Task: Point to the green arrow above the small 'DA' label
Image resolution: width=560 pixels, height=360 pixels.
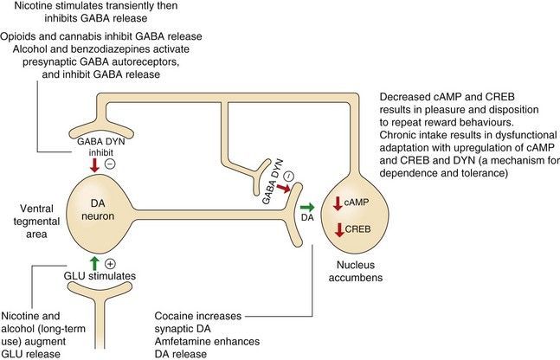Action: pyautogui.click(x=306, y=207)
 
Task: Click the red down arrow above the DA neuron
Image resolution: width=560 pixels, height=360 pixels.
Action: pyautogui.click(x=93, y=163)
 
